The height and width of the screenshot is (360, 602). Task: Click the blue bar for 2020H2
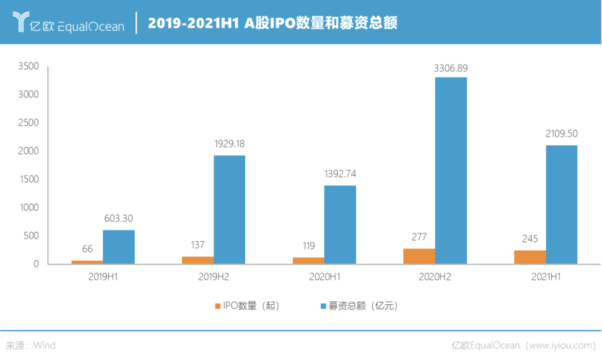click(x=451, y=170)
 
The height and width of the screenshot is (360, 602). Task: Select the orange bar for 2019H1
click(x=86, y=261)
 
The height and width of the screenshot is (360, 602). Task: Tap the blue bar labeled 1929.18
click(x=230, y=209)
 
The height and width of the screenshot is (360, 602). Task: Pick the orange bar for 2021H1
click(x=530, y=257)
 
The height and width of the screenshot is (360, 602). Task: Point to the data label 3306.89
click(x=451, y=69)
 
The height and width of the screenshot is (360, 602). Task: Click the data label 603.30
click(x=119, y=218)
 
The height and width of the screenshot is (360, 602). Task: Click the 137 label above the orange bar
click(x=198, y=246)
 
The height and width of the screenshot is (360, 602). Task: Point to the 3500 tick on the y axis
click(x=28, y=66)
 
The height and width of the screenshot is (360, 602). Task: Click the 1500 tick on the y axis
click(x=28, y=179)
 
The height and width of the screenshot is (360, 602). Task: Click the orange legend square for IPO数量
click(x=217, y=306)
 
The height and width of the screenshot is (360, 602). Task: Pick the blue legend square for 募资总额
click(x=323, y=306)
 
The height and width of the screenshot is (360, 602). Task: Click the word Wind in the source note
click(x=45, y=346)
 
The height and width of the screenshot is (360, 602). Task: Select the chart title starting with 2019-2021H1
click(x=272, y=23)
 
